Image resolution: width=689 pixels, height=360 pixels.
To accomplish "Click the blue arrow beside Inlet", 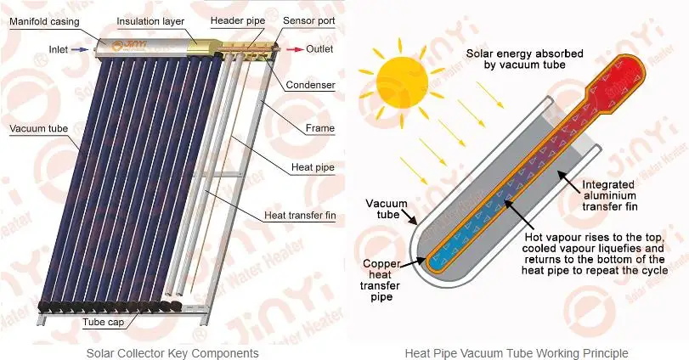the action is coord(78,50).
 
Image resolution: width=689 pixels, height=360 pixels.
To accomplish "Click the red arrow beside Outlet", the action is coord(293,50).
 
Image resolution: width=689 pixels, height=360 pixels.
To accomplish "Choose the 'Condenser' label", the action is coord(311,85).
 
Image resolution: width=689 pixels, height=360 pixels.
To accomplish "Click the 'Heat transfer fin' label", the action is coord(300,216).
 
